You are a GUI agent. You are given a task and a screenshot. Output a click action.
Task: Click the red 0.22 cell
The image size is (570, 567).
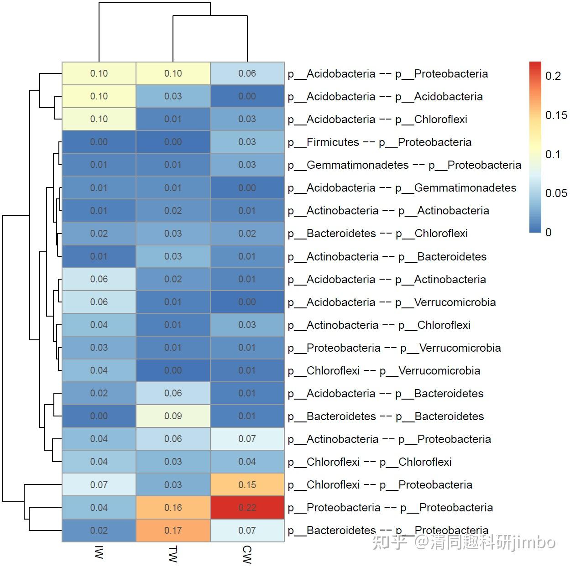247,508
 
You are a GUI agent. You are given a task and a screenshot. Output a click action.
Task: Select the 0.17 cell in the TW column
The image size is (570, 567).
173,531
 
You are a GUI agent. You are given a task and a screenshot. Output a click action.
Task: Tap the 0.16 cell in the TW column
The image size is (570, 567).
173,508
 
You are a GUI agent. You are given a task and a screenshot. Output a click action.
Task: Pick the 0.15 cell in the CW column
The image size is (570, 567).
247,485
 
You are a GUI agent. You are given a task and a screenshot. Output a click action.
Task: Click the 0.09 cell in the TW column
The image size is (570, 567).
173,416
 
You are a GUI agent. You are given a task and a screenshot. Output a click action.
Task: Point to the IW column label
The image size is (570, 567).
99,552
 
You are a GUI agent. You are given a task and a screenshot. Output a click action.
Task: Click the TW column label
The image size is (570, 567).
173,554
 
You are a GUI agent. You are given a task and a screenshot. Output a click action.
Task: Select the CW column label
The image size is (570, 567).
247,554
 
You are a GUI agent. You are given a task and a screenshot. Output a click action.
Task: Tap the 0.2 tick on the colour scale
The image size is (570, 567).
553,76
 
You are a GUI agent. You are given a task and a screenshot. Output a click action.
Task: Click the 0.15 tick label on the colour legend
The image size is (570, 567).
556,115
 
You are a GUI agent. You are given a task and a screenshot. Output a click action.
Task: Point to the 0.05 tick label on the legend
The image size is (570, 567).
556,193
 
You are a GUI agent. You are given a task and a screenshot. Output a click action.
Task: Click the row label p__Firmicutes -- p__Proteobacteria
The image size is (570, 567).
379,142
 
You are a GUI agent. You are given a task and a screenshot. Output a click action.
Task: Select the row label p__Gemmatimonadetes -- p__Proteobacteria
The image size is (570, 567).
404,165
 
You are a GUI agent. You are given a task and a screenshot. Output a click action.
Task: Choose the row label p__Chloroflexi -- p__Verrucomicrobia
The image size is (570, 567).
384,371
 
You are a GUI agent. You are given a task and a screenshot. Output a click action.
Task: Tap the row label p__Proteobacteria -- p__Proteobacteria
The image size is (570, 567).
390,508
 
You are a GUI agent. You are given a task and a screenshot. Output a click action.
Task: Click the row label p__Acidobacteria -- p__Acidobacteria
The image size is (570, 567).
385,97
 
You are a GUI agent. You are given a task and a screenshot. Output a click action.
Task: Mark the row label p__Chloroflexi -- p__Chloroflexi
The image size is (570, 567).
370,462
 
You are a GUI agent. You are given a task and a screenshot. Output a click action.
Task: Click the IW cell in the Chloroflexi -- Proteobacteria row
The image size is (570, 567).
99,485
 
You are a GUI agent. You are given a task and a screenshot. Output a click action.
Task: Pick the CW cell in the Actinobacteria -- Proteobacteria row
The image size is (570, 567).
247,439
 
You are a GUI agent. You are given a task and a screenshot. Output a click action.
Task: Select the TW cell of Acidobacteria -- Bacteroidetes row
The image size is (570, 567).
173,393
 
